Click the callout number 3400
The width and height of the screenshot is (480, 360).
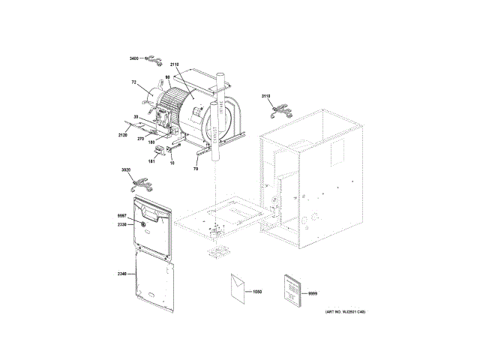pyautogui.click(x=135, y=58)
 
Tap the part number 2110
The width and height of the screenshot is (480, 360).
pyautogui.click(x=175, y=65)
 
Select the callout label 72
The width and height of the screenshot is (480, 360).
pyautogui.click(x=134, y=81)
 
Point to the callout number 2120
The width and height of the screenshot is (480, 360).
pyautogui.click(x=122, y=135)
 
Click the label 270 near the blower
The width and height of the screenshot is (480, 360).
pyautogui.click(x=140, y=138)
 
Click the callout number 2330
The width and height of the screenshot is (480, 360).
pyautogui.click(x=122, y=224)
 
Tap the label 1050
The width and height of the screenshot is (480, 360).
pyautogui.click(x=259, y=291)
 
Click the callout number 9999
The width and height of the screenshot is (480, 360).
pyautogui.click(x=313, y=292)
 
